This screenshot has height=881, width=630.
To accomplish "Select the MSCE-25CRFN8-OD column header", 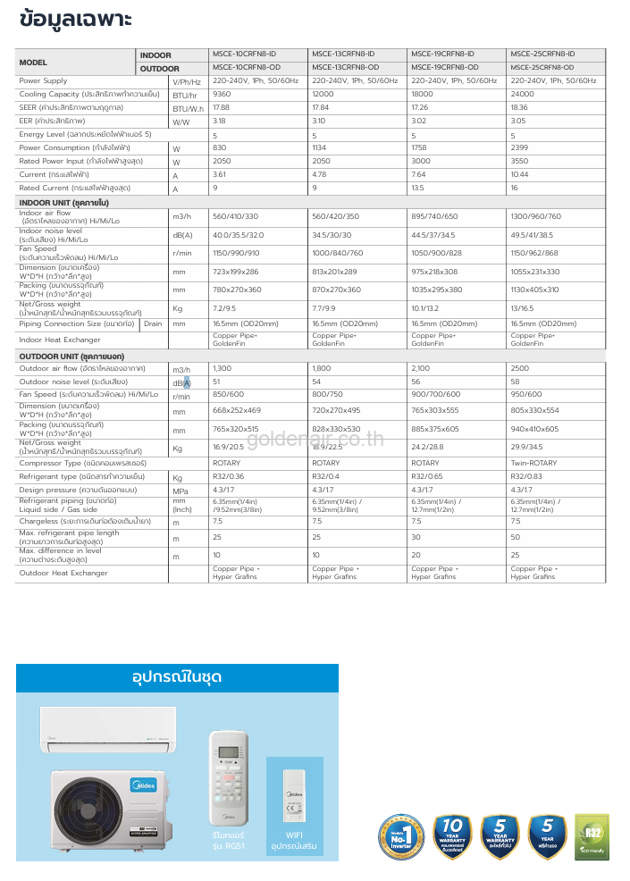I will [542, 68].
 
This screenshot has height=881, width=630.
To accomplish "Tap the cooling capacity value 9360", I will [223, 94].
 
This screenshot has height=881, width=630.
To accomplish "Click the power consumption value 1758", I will [420, 147].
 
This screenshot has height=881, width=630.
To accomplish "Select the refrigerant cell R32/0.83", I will [524, 477].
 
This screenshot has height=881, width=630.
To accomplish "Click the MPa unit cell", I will [181, 491].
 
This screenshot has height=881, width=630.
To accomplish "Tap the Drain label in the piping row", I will [153, 323].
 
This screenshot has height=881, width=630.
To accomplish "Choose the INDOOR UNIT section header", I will [58, 204].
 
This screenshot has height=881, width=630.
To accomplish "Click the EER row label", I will [52, 121].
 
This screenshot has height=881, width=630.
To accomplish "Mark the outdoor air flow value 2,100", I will [421, 368].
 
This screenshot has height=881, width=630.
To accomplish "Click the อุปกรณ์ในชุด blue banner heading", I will [177, 675].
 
